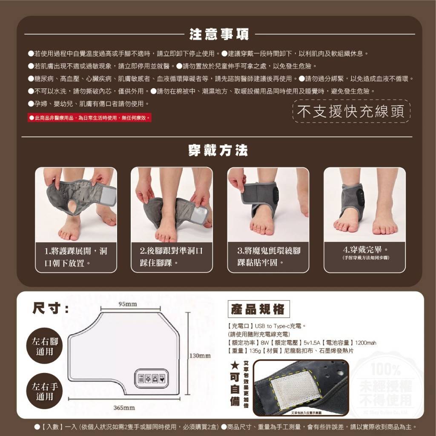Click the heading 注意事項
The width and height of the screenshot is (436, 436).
(219, 34)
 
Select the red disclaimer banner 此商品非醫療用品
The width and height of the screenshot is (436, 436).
(89, 118)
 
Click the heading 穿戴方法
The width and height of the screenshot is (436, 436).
(218, 150)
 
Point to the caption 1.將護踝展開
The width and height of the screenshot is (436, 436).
(76, 257)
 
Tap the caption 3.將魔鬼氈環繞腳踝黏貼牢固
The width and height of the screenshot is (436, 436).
(268, 257)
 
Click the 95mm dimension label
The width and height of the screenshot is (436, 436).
(128, 304)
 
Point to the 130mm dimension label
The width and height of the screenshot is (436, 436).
(200, 356)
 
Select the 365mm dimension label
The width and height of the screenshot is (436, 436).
(124, 408)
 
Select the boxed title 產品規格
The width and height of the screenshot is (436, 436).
(258, 310)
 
